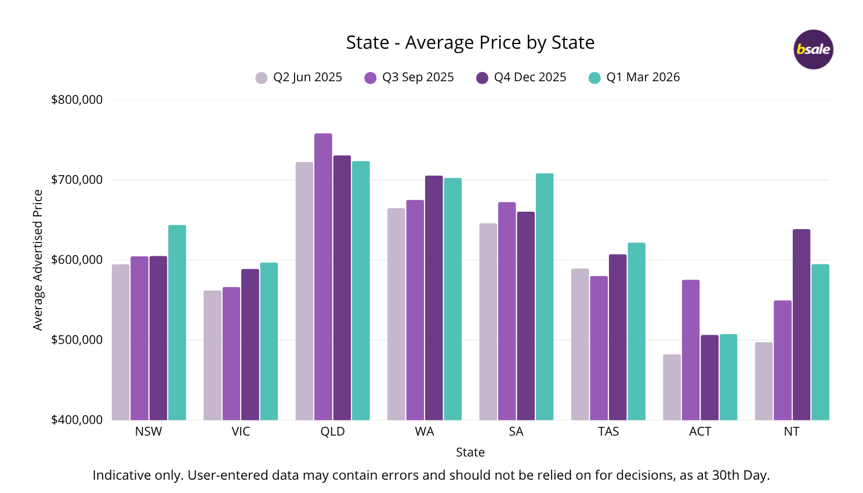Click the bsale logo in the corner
tap(813, 49)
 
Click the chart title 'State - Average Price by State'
tap(470, 42)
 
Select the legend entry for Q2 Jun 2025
tap(299, 77)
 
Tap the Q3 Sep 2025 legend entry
tap(409, 77)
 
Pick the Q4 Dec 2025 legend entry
tap(521, 77)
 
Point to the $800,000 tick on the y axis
tap(77, 100)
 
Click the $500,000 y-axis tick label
tap(77, 340)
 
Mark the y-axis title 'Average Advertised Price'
tap(38, 260)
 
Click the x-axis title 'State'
tap(470, 452)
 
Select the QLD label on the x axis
tap(332, 432)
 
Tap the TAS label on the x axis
tap(608, 432)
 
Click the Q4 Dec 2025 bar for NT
tap(801, 325)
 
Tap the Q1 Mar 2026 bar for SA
tap(545, 296)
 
